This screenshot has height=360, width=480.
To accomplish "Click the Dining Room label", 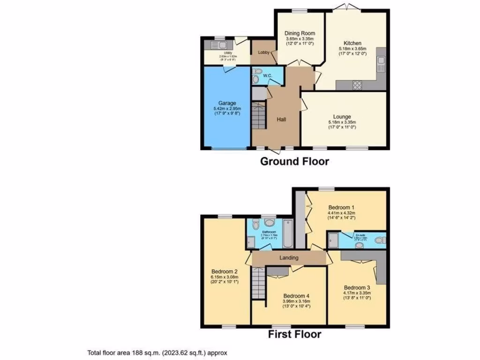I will (x=300, y=33).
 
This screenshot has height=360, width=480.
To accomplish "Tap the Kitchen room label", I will (x=352, y=43).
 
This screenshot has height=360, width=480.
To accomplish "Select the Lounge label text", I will (x=342, y=117).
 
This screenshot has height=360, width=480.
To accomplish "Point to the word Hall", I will (x=281, y=120).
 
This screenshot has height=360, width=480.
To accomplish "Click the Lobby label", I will (x=263, y=52).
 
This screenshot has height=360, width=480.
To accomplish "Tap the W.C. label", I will (x=268, y=75).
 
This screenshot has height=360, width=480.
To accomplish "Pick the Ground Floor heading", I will (x=294, y=162).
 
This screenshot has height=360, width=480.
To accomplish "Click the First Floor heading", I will (x=294, y=334).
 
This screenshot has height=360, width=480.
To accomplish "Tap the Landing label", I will (x=289, y=258).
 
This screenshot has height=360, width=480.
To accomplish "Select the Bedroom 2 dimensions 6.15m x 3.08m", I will (x=225, y=277).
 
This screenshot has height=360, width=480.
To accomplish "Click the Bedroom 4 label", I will (x=296, y=296).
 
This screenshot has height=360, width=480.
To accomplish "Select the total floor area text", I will (x=157, y=352).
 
